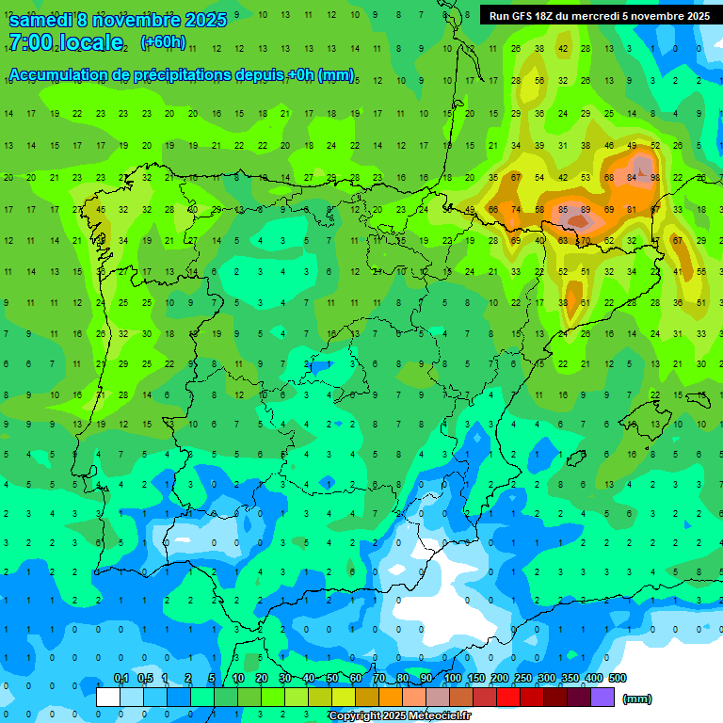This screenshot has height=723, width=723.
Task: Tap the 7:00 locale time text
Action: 66,42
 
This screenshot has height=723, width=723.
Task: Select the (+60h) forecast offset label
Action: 163,42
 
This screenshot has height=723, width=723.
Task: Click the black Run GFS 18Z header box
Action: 600,15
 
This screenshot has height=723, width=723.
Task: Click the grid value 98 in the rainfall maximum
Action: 654,177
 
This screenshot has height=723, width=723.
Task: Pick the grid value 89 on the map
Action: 586,209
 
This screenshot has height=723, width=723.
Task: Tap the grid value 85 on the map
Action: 563,209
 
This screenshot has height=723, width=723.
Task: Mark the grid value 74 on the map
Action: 516,209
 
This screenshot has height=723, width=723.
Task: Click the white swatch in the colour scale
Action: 108,697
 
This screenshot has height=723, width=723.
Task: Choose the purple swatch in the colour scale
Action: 603,697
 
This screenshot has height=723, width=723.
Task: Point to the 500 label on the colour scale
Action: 617,679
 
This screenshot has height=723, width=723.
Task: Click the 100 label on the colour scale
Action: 452,679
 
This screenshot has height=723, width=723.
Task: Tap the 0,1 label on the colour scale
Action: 121,679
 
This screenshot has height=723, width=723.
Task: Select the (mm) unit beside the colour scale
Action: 637,699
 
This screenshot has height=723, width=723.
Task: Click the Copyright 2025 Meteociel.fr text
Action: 399,716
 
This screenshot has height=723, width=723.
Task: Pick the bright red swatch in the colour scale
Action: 508,697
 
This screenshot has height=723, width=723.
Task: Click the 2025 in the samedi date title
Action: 206,20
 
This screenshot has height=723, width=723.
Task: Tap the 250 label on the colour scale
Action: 522,679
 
